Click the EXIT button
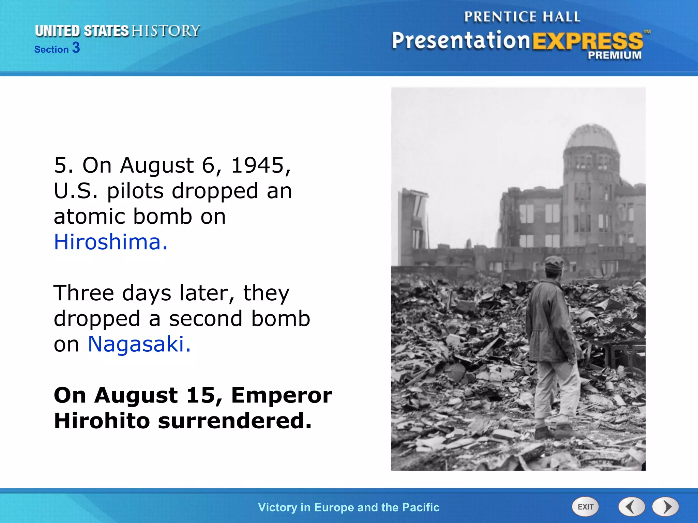click(x=585, y=507)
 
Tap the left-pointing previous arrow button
click(x=631, y=507)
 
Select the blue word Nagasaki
click(x=139, y=344)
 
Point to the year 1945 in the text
click(x=261, y=165)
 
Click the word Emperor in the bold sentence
click(x=282, y=395)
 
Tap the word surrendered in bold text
click(x=234, y=421)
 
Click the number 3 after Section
click(x=76, y=48)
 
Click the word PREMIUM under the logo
click(x=614, y=55)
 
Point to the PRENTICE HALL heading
click(x=522, y=17)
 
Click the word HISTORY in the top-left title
click(x=166, y=31)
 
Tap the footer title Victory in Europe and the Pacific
click(x=349, y=507)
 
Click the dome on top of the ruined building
click(x=591, y=140)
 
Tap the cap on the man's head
click(x=554, y=263)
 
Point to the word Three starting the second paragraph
click(x=84, y=293)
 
